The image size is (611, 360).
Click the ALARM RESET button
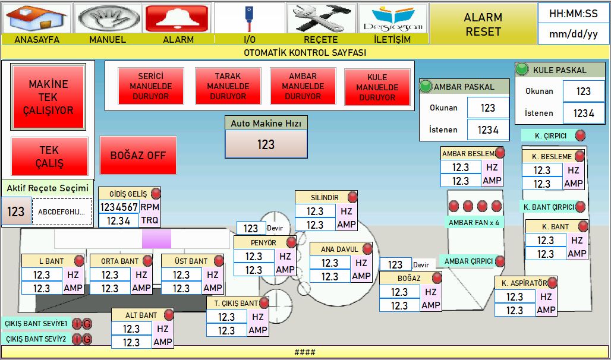pos(483,24)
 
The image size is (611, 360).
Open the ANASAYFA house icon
pos(37,18)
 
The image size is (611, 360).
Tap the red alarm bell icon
pos(177,18)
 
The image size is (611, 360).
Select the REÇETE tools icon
pos(321,18)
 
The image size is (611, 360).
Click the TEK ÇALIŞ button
pos(49,156)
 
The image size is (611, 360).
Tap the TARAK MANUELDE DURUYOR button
pos(228,86)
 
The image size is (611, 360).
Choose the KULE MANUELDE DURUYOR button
pos(377,87)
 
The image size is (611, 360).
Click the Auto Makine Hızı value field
pos(266,144)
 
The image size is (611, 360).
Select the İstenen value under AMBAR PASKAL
pos(488,130)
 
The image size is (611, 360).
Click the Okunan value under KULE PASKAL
pos(584,91)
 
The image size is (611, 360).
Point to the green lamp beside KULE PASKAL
pos(522,70)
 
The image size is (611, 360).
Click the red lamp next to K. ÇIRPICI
pos(580,135)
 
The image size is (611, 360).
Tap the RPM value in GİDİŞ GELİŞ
pos(119,207)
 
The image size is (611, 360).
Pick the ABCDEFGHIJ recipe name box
pos(62,212)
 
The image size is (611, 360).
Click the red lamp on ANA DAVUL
pos(367,249)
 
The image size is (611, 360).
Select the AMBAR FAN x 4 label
pos(474,222)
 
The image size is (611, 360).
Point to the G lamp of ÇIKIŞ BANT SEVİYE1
pos(87,324)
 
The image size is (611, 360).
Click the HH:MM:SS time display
pos(573,14)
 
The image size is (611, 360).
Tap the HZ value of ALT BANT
pos(131,329)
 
